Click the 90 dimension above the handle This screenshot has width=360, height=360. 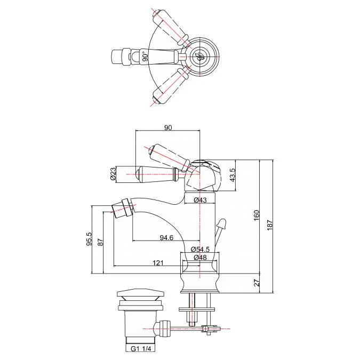168,127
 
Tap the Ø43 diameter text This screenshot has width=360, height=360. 200,200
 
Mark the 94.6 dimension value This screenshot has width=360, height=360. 166,238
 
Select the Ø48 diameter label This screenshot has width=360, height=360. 200,258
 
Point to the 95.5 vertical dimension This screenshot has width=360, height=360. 89,238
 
